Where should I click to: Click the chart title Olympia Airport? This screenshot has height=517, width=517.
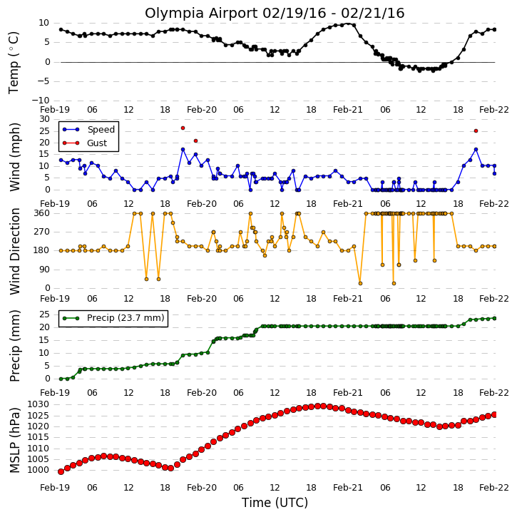pyautogui.click(x=202, y=14)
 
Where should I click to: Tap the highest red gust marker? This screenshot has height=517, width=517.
pyautogui.click(x=183, y=128)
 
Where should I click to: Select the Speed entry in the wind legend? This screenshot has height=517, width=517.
pyautogui.click(x=101, y=129)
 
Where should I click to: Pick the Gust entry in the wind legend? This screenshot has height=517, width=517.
pyautogui.click(x=96, y=143)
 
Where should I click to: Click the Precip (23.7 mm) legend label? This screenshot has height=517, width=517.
pyautogui.click(x=126, y=318)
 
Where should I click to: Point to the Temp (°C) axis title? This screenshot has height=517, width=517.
pyautogui.click(x=14, y=63)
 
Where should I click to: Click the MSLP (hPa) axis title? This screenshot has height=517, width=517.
pyautogui.click(x=15, y=441)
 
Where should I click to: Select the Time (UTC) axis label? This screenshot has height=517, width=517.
pyautogui.click(x=275, y=503)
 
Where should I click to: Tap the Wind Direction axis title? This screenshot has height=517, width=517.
pyautogui.click(x=15, y=251)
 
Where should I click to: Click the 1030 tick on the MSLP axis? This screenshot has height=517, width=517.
pyautogui.click(x=38, y=404)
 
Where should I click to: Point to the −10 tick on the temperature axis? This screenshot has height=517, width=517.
pyautogui.click(x=40, y=101)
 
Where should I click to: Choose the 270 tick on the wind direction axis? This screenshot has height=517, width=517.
pyautogui.click(x=42, y=232)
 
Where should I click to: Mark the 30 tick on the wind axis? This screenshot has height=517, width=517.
pyautogui.click(x=44, y=119)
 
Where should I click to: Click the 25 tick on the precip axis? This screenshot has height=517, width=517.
pyautogui.click(x=44, y=314)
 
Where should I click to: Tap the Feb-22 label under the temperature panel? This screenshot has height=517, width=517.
pyautogui.click(x=494, y=110)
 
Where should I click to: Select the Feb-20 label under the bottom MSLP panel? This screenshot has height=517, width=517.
pyautogui.click(x=202, y=487)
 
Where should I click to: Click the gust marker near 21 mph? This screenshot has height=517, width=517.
pyautogui.click(x=195, y=140)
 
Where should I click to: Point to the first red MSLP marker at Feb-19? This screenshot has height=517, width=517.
pyautogui.click(x=61, y=472)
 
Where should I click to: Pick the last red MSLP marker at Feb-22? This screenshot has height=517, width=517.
pyautogui.click(x=494, y=415)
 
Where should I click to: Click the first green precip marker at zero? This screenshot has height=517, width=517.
pyautogui.click(x=61, y=379)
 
